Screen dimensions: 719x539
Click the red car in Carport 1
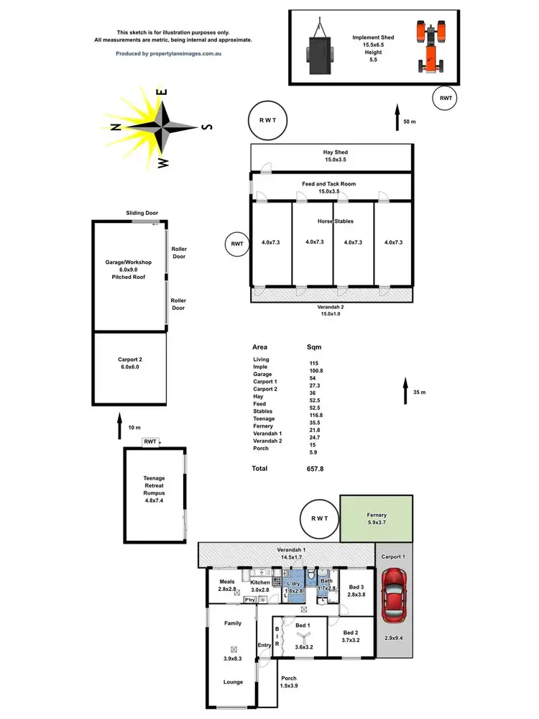click(x=395, y=595)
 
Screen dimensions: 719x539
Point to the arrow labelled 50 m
click(x=397, y=118)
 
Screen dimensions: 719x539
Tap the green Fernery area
click(x=377, y=519)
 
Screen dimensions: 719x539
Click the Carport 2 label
click(x=131, y=363)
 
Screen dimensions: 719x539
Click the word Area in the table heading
click(x=259, y=347)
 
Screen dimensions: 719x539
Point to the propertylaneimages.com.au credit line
click(x=172, y=53)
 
